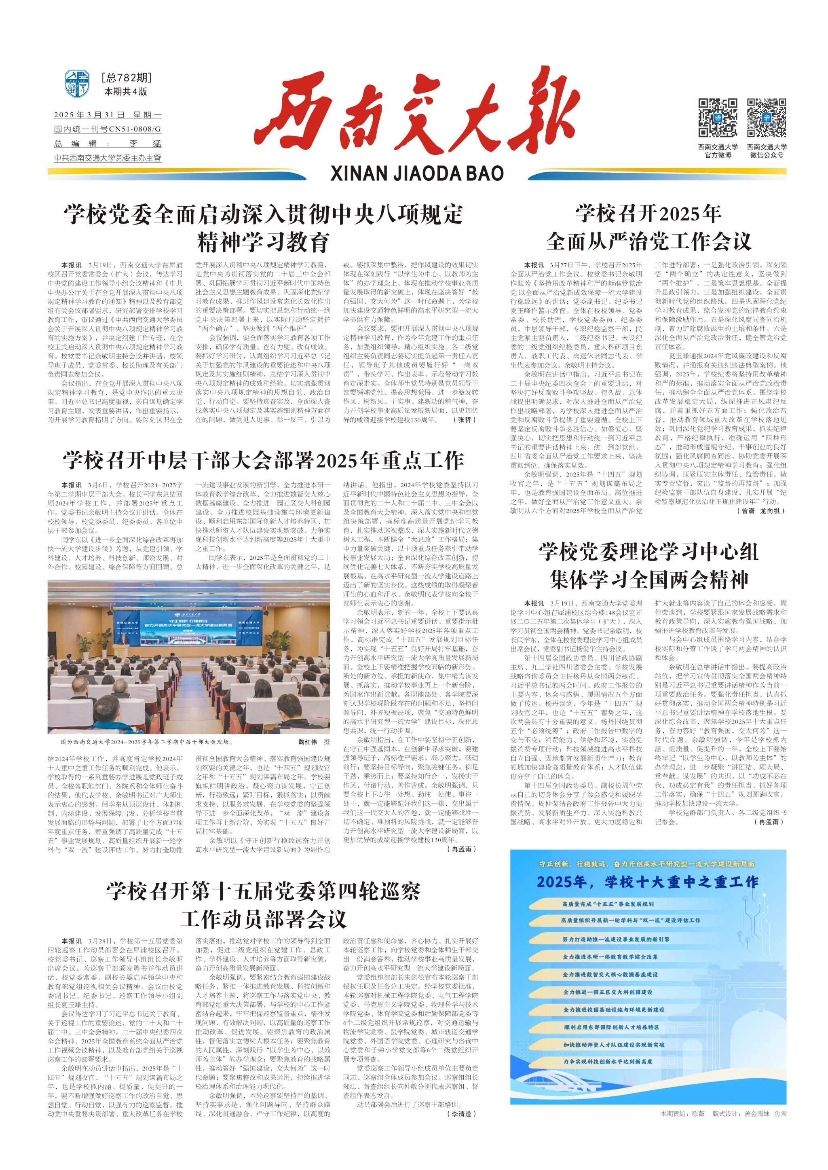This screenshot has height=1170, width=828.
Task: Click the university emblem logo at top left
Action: point(77,85)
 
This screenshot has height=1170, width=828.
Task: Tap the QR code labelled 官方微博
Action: point(717,118)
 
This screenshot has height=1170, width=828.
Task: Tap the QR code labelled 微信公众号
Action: point(766,118)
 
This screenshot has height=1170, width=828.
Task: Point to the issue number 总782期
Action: point(127,78)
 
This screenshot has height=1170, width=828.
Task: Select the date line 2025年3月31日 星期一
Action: point(108,115)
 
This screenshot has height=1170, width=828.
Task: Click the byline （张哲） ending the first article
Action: point(464,420)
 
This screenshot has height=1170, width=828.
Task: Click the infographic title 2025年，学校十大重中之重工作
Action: point(648,882)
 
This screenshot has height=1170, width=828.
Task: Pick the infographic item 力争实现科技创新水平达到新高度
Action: point(608,1061)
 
